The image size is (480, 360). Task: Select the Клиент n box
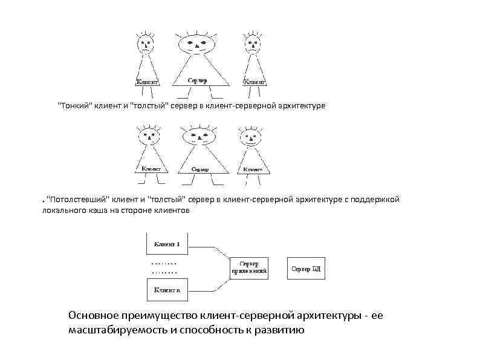coord(167,289)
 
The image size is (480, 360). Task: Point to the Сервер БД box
coord(306,268)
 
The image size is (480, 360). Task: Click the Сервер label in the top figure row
coord(196,80)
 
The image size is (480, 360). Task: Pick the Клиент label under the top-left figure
coord(146,81)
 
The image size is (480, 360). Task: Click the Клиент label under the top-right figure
coord(255,81)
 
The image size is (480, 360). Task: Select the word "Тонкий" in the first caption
coord(73,106)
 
